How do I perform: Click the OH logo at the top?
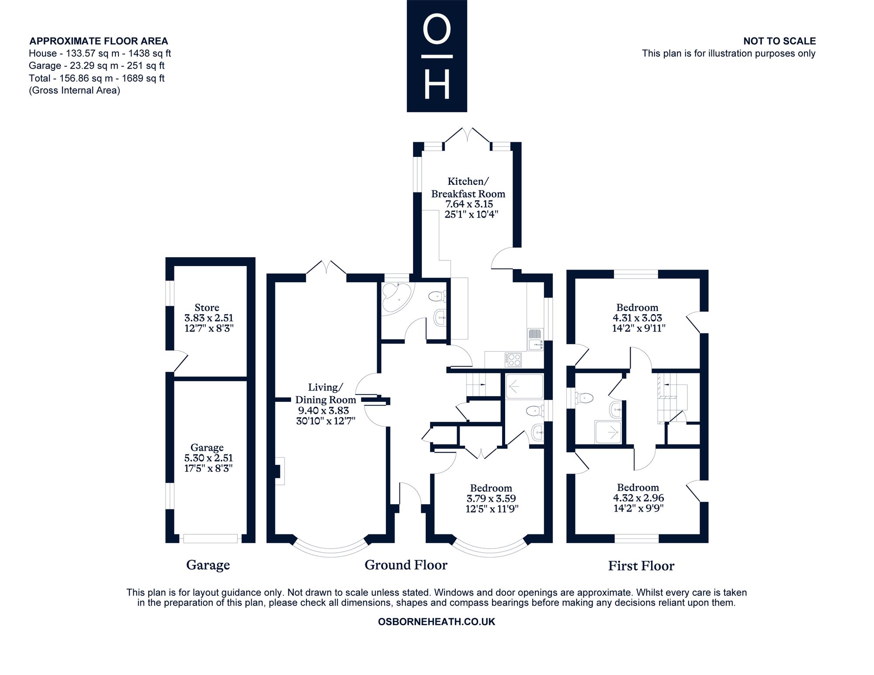pyautogui.click(x=437, y=56)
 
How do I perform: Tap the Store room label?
pyautogui.click(x=207, y=307)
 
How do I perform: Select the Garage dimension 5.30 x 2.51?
pyautogui.click(x=208, y=458)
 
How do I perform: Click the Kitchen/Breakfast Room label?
pyautogui.click(x=468, y=187)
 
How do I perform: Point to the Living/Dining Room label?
pyautogui.click(x=326, y=393)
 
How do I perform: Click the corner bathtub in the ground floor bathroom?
pyautogui.click(x=395, y=298)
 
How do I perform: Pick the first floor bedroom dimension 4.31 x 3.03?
pyautogui.click(x=638, y=318)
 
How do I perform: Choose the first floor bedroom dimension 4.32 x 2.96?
pyautogui.click(x=638, y=498)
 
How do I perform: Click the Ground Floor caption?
pyautogui.click(x=406, y=565)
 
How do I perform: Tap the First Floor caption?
pyautogui.click(x=641, y=566)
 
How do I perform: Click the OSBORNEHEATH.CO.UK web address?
pyautogui.click(x=437, y=622)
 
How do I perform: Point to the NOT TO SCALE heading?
pyautogui.click(x=780, y=41)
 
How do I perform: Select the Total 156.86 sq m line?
pyautogui.click(x=97, y=78)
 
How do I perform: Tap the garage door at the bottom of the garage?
pyautogui.click(x=211, y=538)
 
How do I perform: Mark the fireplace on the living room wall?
pyautogui.click(x=279, y=471)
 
